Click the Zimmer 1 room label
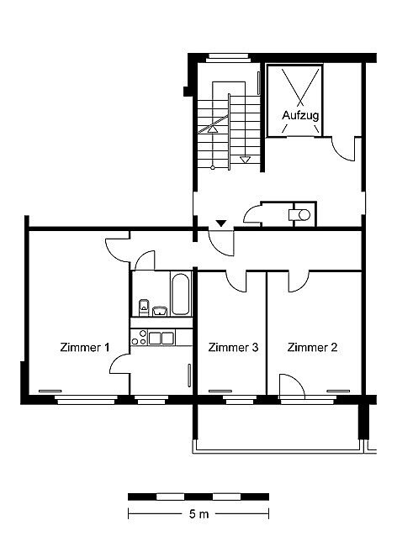[85, 347]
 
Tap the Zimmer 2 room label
[312, 347]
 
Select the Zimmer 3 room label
[234, 347]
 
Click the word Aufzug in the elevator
[300, 116]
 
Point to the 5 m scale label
[198, 514]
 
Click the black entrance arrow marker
[221, 223]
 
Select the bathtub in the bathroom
[180, 294]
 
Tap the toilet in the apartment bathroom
[144, 307]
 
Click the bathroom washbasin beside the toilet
[160, 311]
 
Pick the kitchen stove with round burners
[139, 338]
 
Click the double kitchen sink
[161, 338]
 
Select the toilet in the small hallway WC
[299, 215]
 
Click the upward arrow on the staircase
[213, 129]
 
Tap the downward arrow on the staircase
[245, 160]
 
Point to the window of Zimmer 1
[86, 400]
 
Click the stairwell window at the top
[227, 57]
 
